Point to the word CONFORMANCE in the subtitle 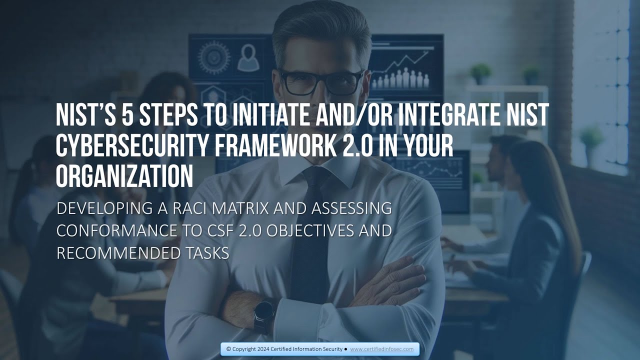tap(117, 230)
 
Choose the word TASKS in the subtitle tap(206, 253)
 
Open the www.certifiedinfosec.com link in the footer tap(381, 349)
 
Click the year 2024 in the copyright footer tap(266, 349)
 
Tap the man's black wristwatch tap(263, 315)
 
